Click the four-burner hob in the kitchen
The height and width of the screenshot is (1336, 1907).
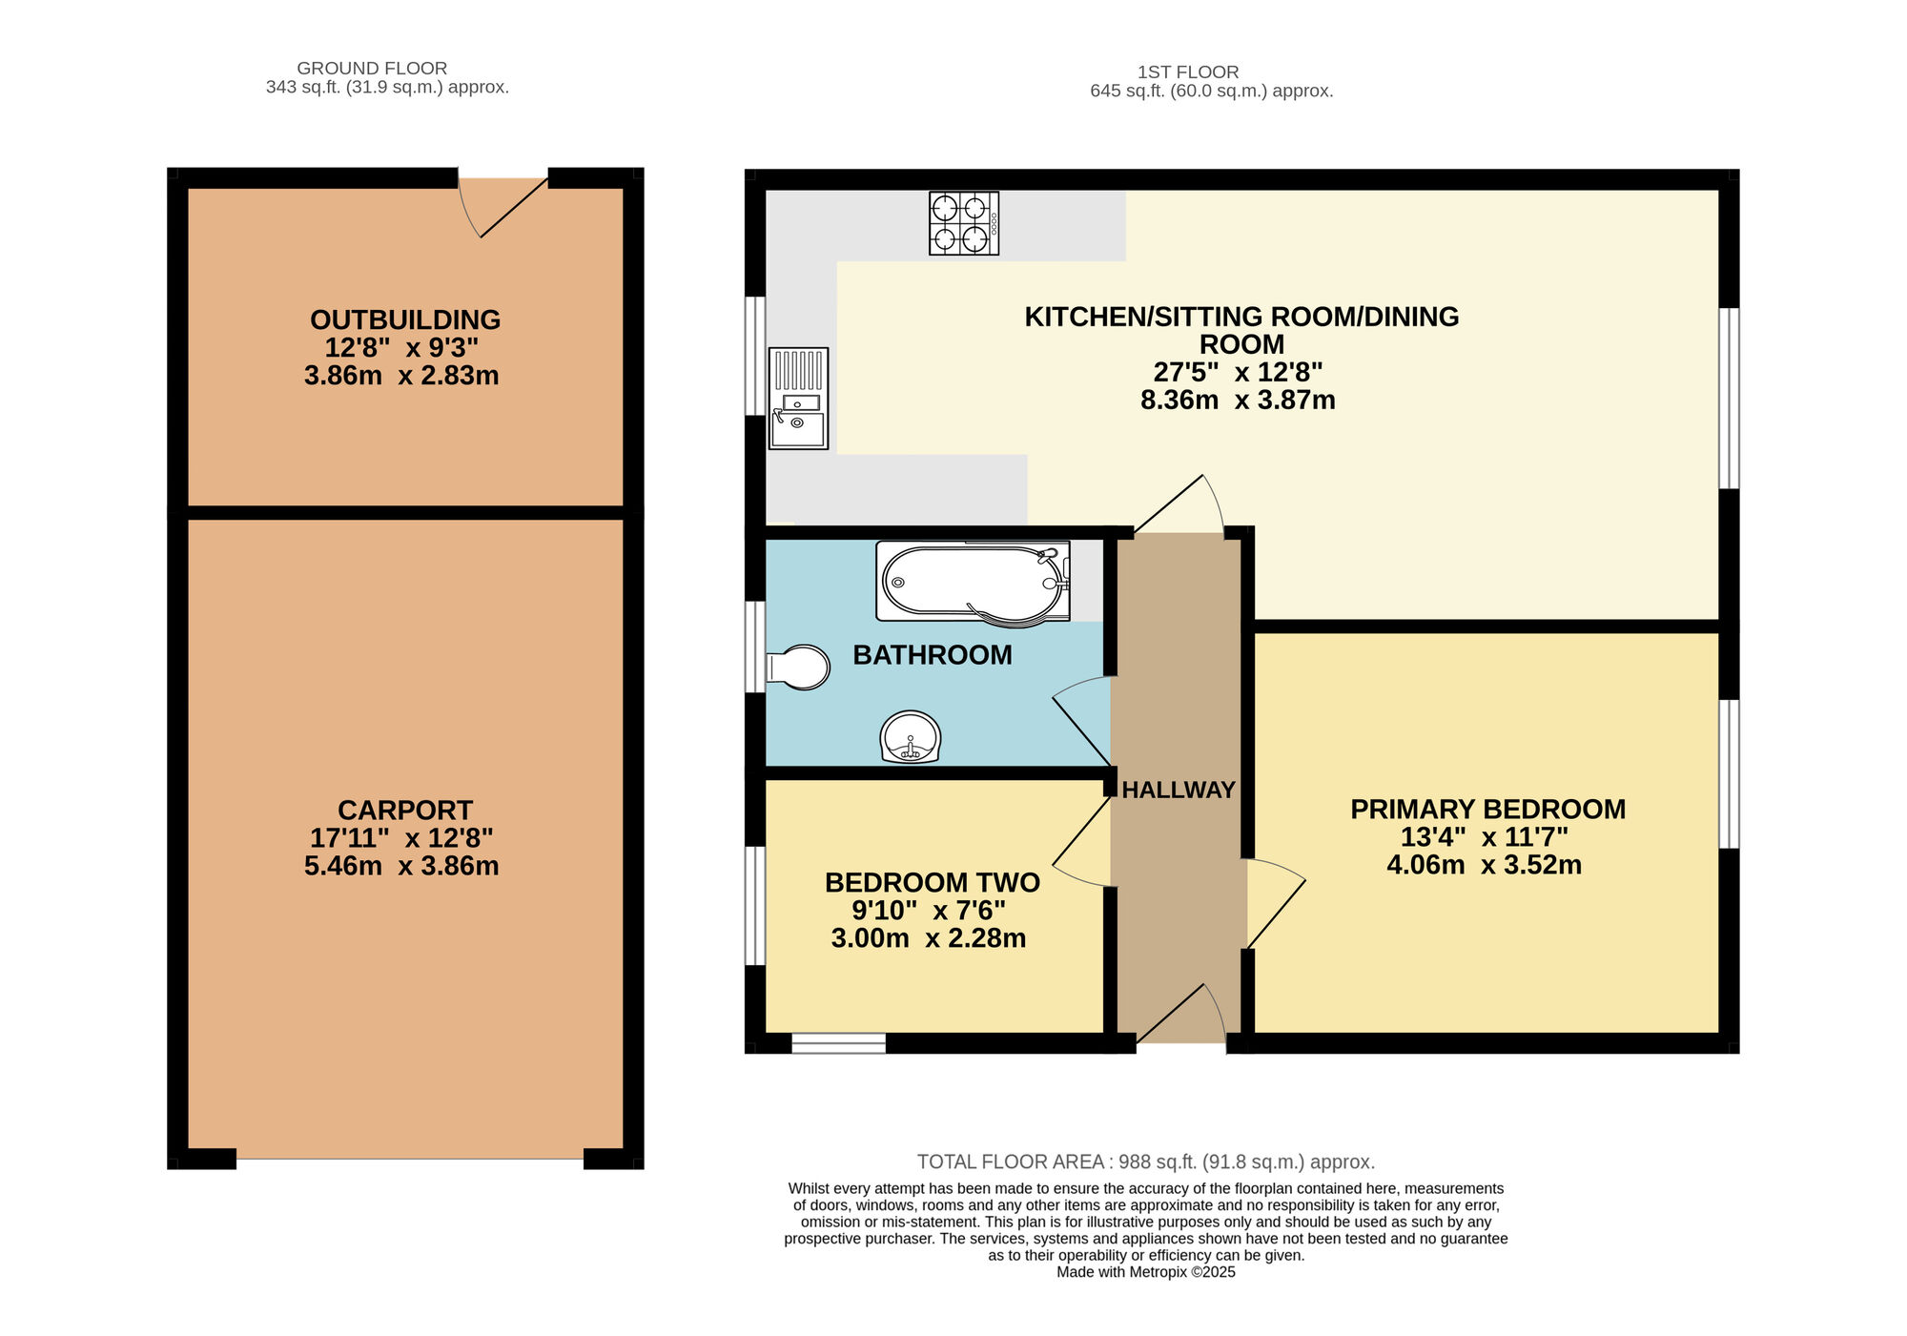coord(964,223)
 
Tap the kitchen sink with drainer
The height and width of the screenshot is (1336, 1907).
coord(798,399)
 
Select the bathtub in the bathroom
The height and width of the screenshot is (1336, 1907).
coord(973,582)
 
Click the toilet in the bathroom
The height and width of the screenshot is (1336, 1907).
coord(799,668)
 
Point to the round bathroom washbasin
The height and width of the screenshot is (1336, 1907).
coord(911,737)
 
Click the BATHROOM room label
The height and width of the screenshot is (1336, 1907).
coord(932,655)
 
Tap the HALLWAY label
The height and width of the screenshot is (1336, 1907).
coord(1178,790)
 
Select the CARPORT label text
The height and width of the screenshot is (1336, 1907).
coord(404,811)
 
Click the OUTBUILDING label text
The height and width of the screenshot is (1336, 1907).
coord(404,319)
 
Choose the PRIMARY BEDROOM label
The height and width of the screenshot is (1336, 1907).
coord(1487,809)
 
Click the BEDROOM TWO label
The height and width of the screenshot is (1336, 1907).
coord(932,882)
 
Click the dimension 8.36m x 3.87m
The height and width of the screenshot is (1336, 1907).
coord(1237,400)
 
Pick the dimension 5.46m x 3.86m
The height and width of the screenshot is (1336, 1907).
coord(400,866)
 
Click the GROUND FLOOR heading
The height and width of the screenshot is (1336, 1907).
coord(372,68)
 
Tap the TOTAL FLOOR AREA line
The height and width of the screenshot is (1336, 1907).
coord(1145,1161)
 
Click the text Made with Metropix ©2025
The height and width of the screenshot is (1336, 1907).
coord(1145,1272)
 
